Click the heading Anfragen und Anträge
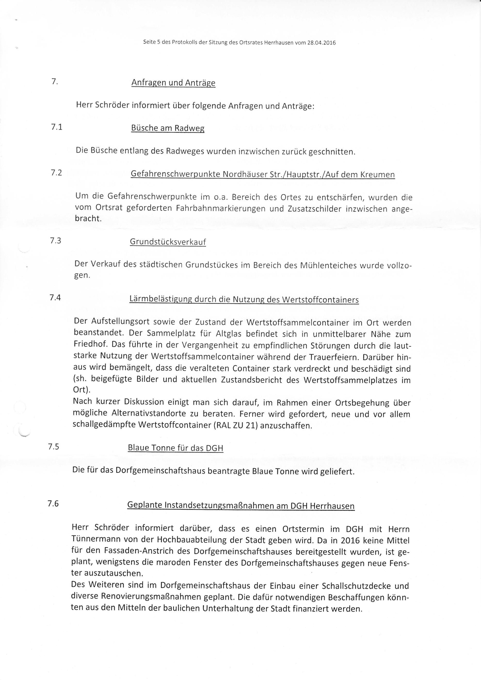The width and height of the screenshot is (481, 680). click(x=173, y=83)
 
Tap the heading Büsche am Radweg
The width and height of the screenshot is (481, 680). click(x=168, y=128)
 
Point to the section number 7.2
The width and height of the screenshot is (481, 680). click(x=56, y=173)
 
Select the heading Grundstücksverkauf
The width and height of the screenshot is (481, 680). click(x=168, y=242)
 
